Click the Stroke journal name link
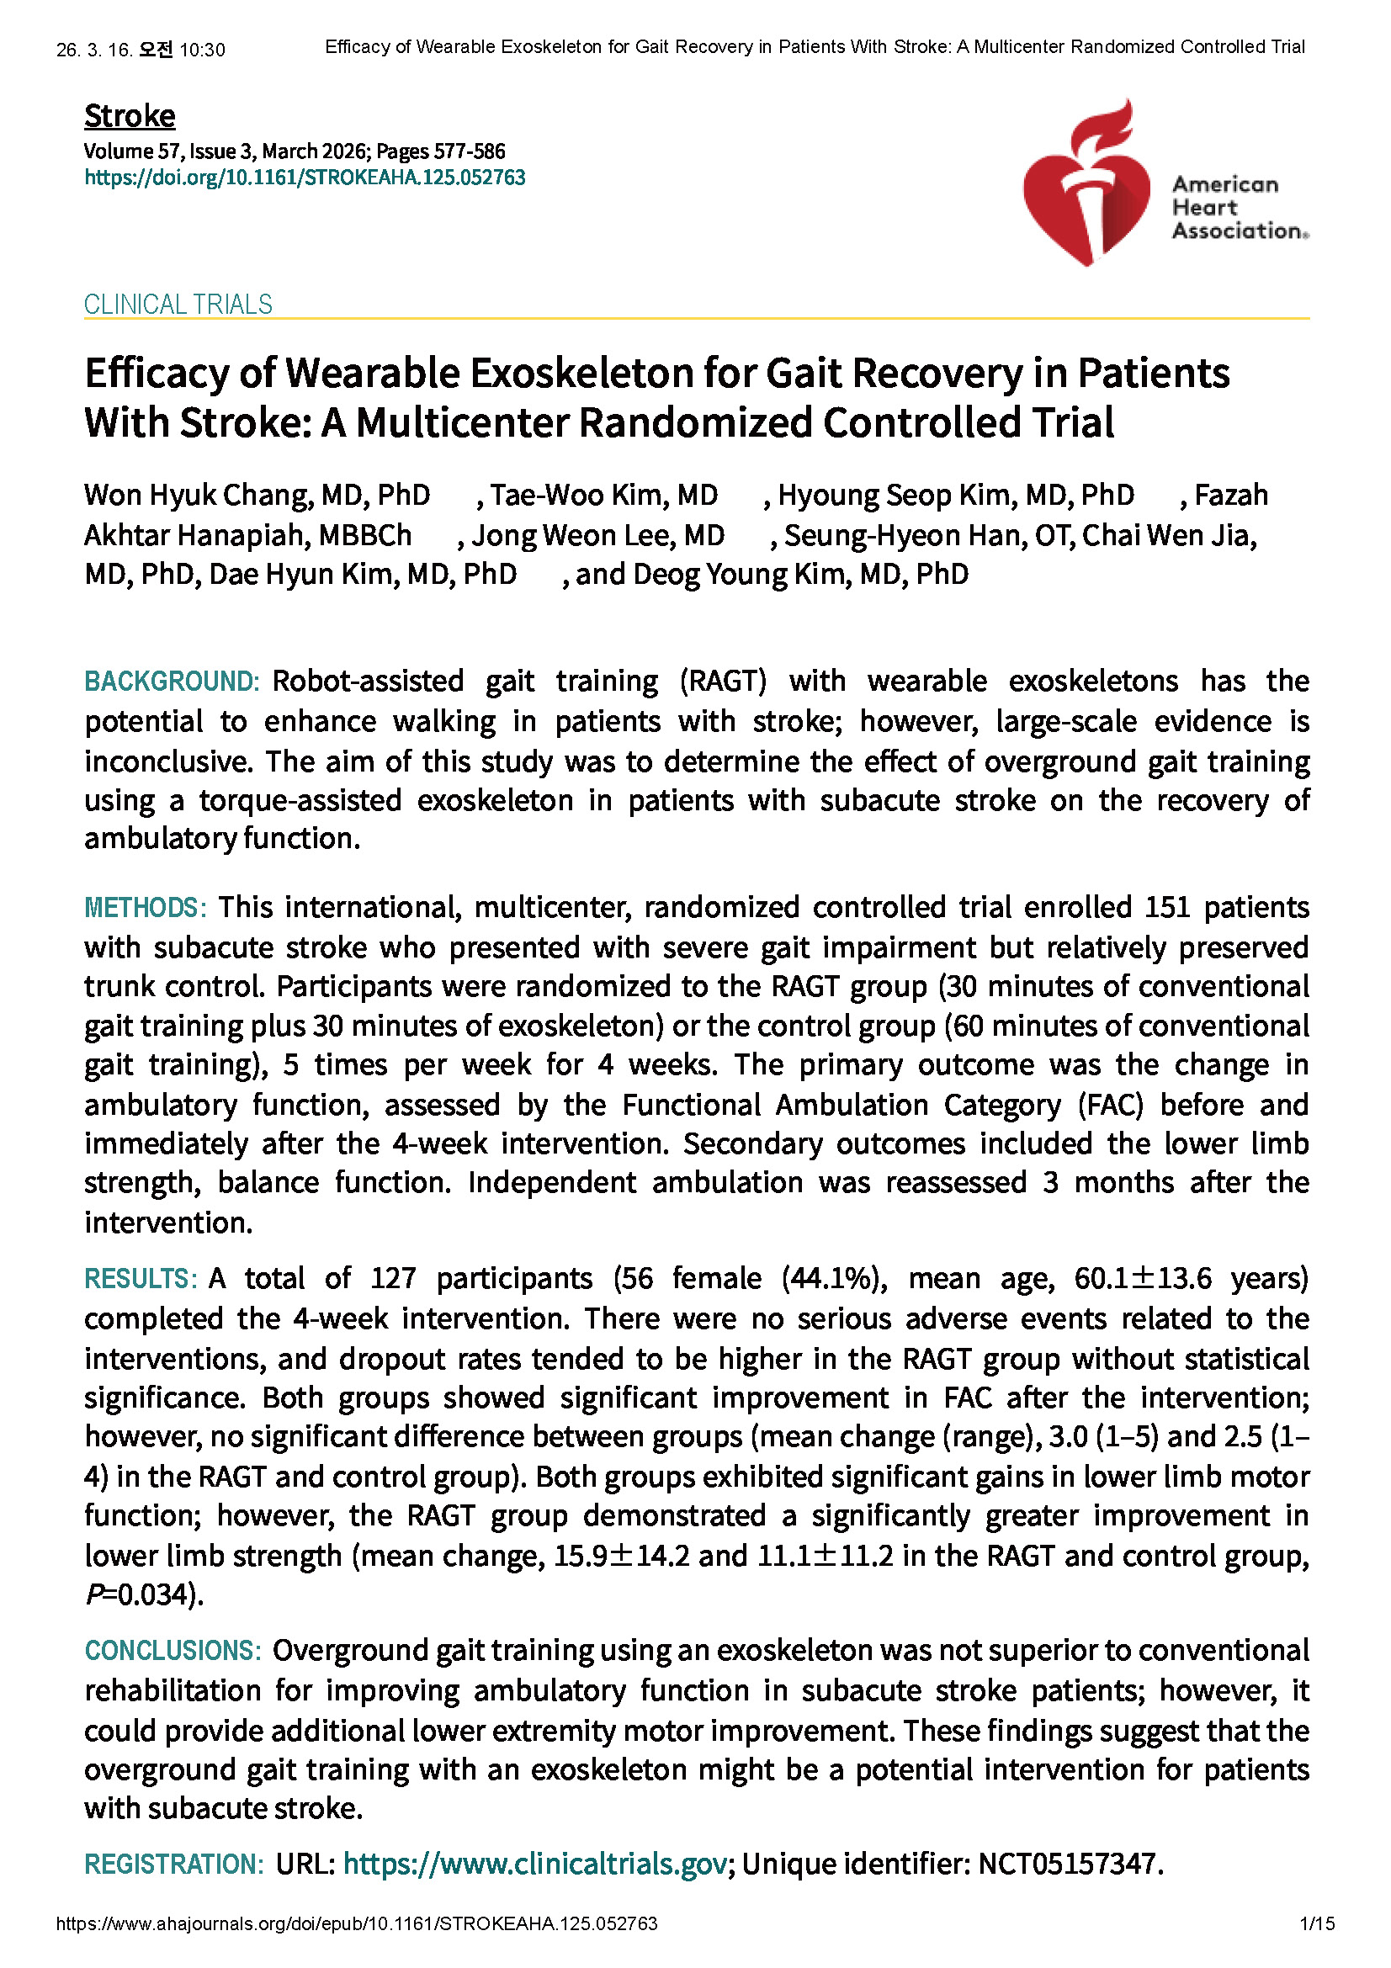[x=130, y=116]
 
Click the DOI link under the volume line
[x=305, y=178]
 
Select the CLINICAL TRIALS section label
[x=178, y=305]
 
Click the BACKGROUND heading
[x=172, y=682]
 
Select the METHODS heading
[x=145, y=908]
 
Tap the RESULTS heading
[x=141, y=1279]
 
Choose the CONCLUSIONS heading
[x=173, y=1650]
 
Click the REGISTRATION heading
[x=174, y=1864]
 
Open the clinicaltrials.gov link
[x=535, y=1864]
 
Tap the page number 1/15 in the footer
[x=1317, y=1923]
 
